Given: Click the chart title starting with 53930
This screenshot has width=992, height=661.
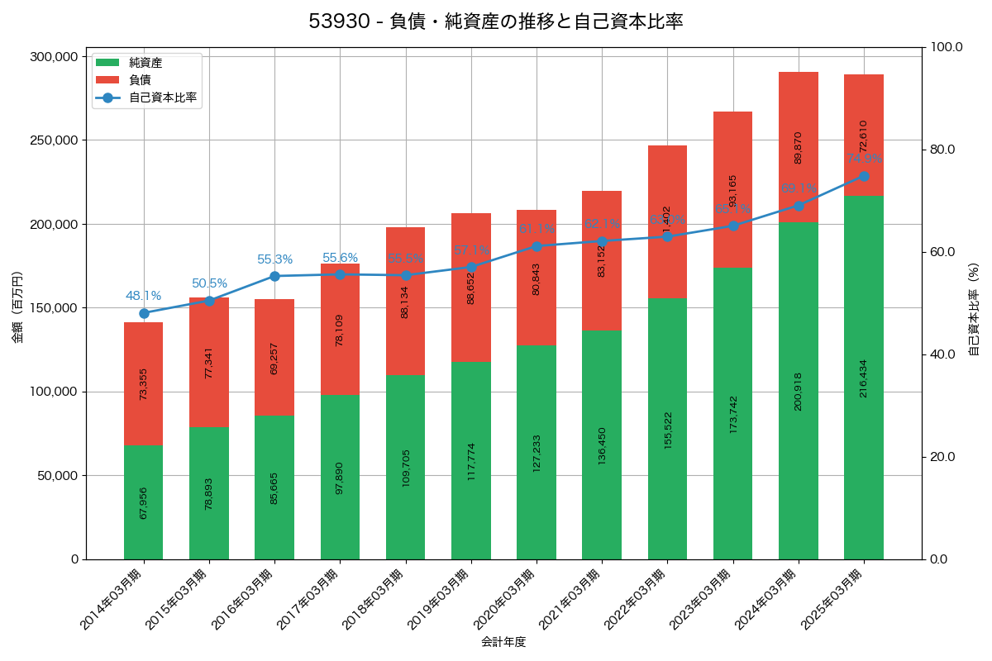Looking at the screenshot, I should tap(496, 22).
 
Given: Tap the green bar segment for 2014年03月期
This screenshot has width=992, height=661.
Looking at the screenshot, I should tap(144, 502).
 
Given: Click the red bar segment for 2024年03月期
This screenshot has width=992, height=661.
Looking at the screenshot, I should tap(799, 147).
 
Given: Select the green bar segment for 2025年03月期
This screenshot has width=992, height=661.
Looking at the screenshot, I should tap(864, 378).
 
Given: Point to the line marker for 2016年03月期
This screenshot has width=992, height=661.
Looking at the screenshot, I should tap(274, 276).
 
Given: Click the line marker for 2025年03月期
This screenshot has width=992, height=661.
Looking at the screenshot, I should tap(864, 176).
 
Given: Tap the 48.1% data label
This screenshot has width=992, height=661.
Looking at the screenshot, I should tap(144, 296).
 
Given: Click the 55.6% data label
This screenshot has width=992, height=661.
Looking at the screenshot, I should tap(340, 258).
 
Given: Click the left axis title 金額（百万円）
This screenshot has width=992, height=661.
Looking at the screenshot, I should tap(17, 307).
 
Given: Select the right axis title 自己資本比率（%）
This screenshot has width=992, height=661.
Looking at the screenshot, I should tap(974, 307).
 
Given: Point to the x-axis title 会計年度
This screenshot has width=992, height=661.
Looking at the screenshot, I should tap(503, 641).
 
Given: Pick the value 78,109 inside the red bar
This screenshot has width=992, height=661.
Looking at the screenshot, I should tap(340, 329).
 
